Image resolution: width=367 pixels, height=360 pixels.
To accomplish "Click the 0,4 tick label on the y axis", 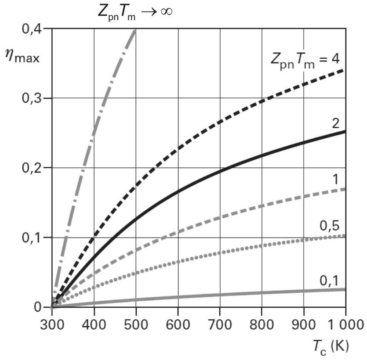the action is [32, 29].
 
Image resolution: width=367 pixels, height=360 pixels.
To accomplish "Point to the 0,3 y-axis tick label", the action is [32, 98].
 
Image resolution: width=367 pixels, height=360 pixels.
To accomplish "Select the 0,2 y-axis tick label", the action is [32, 168].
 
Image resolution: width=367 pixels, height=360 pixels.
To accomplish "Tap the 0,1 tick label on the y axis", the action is [32, 238].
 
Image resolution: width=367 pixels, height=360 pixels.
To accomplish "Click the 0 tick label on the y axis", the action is [37, 307].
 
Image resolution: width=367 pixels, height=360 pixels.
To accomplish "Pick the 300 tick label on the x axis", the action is [52, 325].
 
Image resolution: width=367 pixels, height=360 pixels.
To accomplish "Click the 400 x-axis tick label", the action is [94, 325].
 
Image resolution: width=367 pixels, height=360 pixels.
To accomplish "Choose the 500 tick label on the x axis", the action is [136, 325].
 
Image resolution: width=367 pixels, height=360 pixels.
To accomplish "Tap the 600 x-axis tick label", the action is [178, 325].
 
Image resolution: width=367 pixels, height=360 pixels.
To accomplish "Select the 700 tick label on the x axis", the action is [220, 325].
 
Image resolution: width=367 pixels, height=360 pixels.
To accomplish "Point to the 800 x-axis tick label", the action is [262, 325].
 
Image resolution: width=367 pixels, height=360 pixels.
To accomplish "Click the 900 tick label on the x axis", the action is [304, 325].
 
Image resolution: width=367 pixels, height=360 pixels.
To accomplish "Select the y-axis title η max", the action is [22, 57].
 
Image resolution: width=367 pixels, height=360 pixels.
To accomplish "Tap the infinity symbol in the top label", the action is [167, 11].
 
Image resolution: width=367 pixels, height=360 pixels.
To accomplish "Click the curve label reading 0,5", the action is [330, 226].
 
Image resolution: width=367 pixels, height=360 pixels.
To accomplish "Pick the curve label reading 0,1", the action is [330, 281].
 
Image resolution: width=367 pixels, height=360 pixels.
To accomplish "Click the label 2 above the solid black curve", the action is [336, 123].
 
